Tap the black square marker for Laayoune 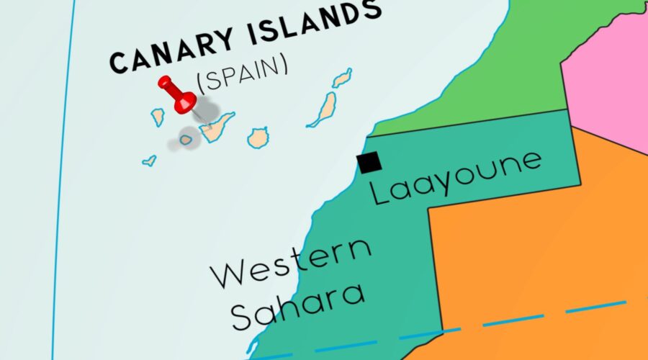tap(370, 163)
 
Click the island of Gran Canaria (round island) tap(258, 137)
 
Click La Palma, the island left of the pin tap(158, 117)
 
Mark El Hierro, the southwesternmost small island tap(149, 161)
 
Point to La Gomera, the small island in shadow tap(186, 140)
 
